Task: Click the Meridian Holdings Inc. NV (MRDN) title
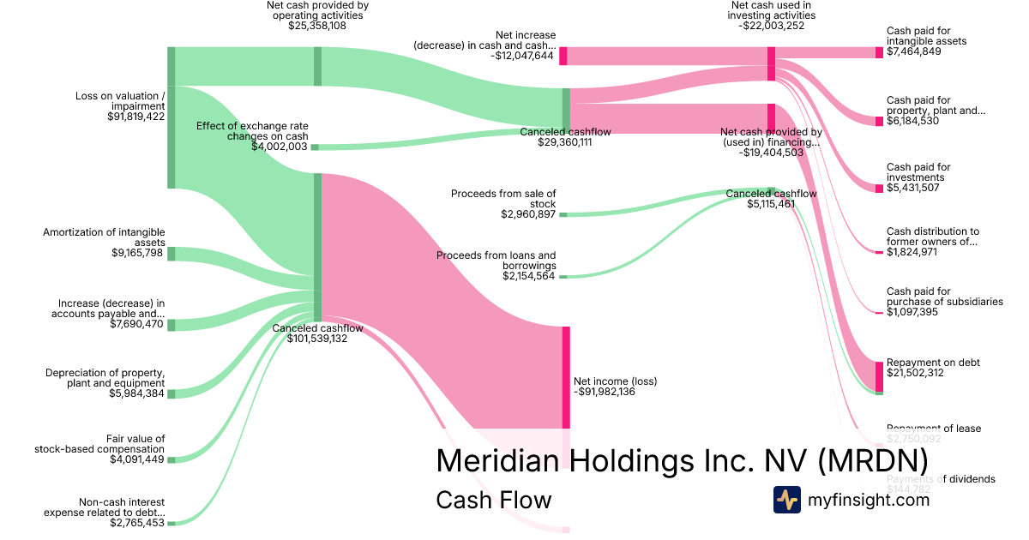pyautogui.click(x=682, y=460)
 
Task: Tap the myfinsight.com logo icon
pyautogui.click(x=786, y=499)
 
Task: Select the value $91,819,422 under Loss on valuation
pyautogui.click(x=136, y=116)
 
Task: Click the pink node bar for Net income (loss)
pyautogui.click(x=566, y=377)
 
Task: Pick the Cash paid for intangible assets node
pyautogui.click(x=879, y=52)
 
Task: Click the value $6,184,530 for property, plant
pyautogui.click(x=914, y=121)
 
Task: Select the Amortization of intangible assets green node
pyautogui.click(x=171, y=253)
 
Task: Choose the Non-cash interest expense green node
pyautogui.click(x=171, y=522)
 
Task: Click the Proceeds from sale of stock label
pyautogui.click(x=503, y=199)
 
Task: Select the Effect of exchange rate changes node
pyautogui.click(x=315, y=147)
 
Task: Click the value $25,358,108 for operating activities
pyautogui.click(x=317, y=26)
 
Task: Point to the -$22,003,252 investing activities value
pyautogui.click(x=771, y=26)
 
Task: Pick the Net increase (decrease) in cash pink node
pyautogui.click(x=563, y=56)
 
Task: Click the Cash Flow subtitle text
pyautogui.click(x=493, y=499)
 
